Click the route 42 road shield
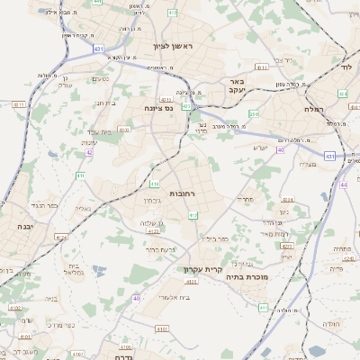click(89, 152)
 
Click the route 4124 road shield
click(61, 237)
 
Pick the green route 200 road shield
click(255, 114)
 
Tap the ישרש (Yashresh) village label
click(260, 148)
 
